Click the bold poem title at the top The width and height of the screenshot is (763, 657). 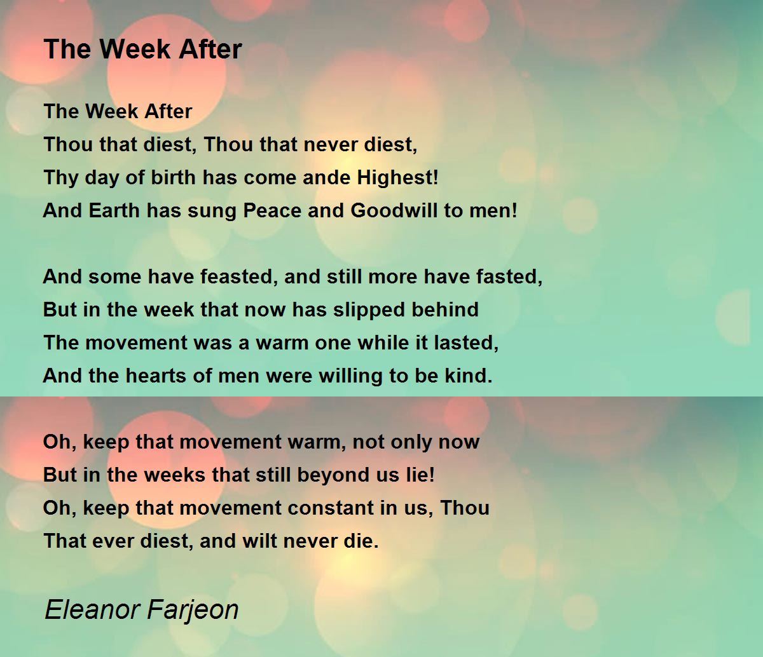[x=142, y=49]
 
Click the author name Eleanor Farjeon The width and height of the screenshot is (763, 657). [x=141, y=609]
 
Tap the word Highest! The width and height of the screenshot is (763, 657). [x=398, y=177]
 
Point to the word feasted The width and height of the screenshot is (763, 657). [x=244, y=276]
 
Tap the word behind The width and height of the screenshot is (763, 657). [x=447, y=309]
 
